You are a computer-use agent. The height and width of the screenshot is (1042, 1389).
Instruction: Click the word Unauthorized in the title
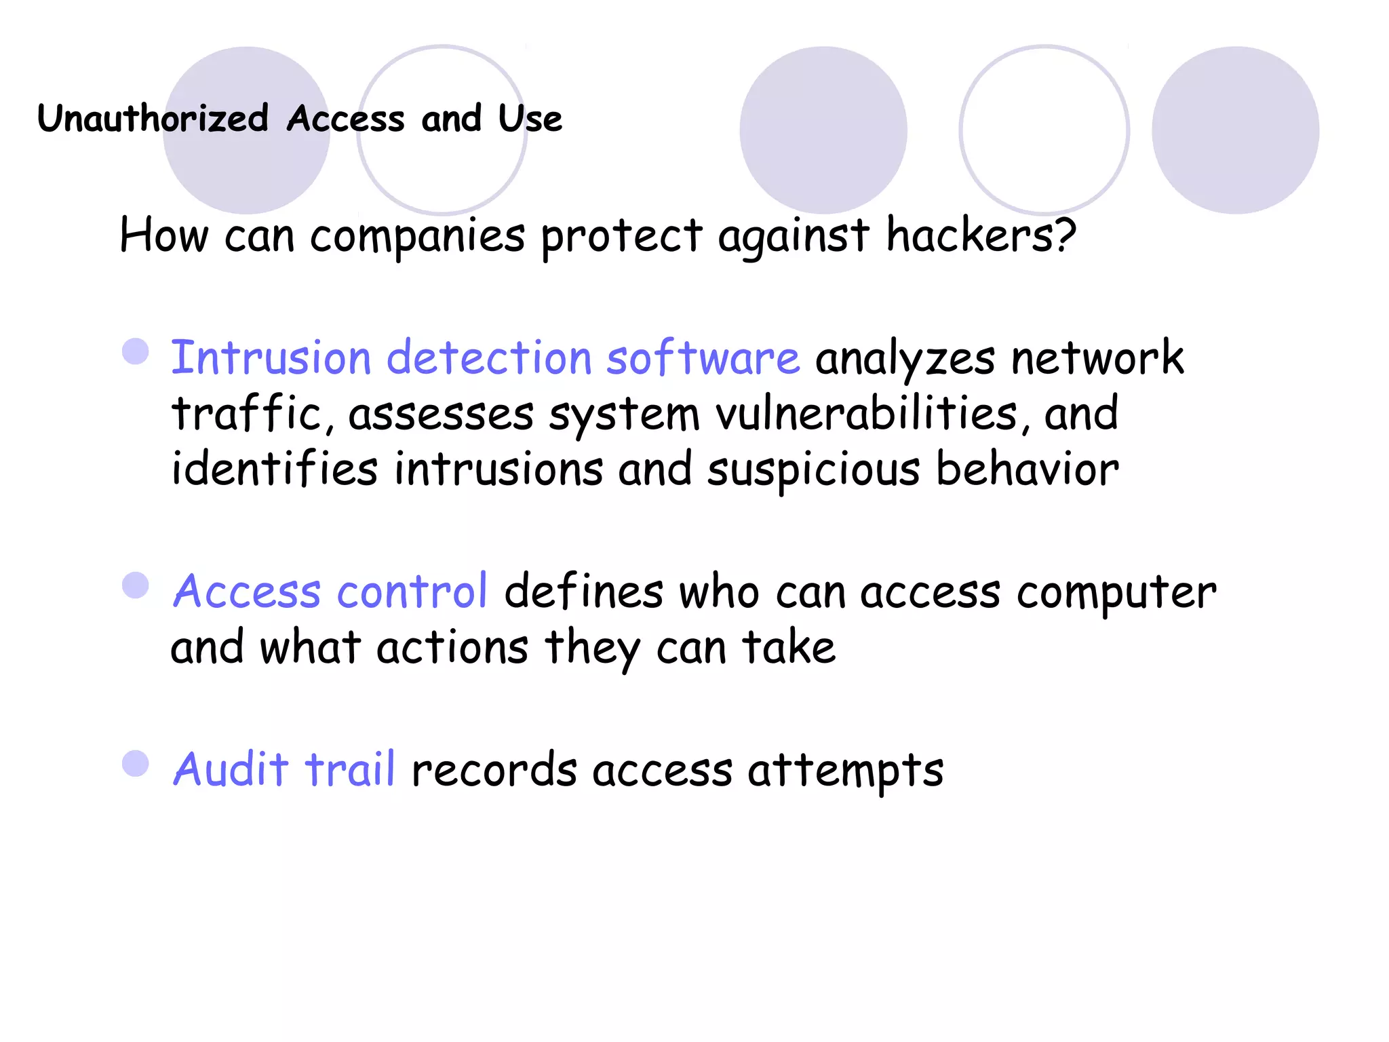(153, 119)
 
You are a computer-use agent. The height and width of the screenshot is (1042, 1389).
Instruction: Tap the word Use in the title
(530, 119)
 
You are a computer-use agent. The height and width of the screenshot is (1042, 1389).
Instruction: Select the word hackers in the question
(981, 235)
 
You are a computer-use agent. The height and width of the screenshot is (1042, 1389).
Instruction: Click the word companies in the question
(417, 237)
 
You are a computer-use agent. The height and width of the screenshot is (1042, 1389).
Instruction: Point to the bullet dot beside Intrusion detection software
(136, 351)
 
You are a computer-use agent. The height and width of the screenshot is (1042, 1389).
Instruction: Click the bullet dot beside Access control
(136, 585)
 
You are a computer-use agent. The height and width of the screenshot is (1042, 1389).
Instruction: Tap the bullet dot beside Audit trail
(136, 763)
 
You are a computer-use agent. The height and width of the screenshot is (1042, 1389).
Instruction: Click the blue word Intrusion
(271, 358)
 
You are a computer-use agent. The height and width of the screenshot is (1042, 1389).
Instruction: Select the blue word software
(703, 358)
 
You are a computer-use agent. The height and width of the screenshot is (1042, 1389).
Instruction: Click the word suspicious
(814, 469)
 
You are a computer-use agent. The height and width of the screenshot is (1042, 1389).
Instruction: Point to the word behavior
(1027, 469)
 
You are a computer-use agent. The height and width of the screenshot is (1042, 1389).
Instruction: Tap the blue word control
(412, 591)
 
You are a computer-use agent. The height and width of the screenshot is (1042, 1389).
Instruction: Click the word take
(789, 647)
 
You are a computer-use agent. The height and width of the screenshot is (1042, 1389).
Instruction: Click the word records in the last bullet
(494, 771)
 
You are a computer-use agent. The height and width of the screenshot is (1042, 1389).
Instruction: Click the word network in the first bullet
(1097, 358)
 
